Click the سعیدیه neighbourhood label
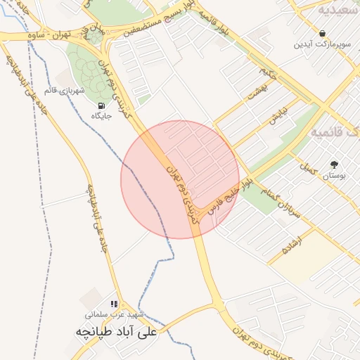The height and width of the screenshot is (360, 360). (x=338, y=10)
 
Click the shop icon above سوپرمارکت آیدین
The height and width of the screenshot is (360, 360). (x=322, y=32)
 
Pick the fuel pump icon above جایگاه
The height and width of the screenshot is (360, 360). (x=103, y=107)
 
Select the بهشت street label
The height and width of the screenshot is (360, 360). (x=258, y=92)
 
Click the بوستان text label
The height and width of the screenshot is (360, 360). (x=335, y=177)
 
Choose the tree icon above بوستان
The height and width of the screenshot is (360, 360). (x=334, y=165)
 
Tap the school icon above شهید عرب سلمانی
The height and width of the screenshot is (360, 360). (x=115, y=304)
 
